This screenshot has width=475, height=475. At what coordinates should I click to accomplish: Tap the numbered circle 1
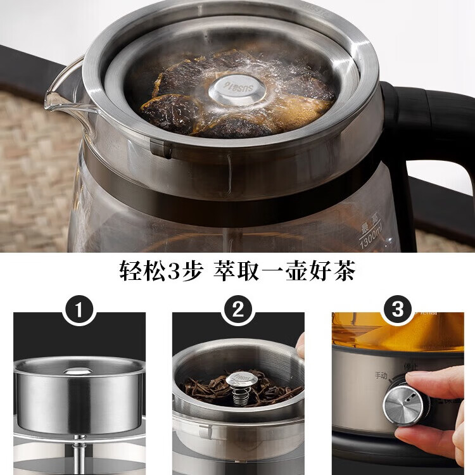[x=79, y=310]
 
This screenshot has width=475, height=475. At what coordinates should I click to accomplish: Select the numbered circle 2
[x=238, y=310]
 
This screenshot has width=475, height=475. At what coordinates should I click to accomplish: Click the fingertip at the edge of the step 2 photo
[x=300, y=346]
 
